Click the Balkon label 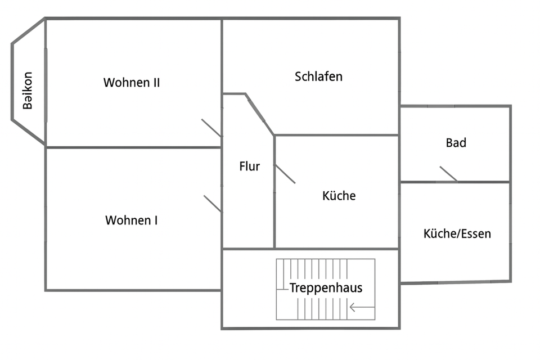(x=28, y=91)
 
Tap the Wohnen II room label (x=132, y=83)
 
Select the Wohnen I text (x=131, y=220)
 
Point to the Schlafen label (x=318, y=76)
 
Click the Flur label (x=249, y=166)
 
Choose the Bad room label (x=456, y=143)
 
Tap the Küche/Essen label (x=457, y=233)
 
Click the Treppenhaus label (x=326, y=288)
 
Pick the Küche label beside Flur (x=339, y=196)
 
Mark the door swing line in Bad (x=448, y=174)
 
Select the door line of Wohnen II (x=211, y=128)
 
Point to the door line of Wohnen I (x=213, y=204)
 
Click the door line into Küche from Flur (x=285, y=174)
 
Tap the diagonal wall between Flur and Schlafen (x=260, y=115)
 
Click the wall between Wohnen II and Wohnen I (x=133, y=147)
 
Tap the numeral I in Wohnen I (x=155, y=220)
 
